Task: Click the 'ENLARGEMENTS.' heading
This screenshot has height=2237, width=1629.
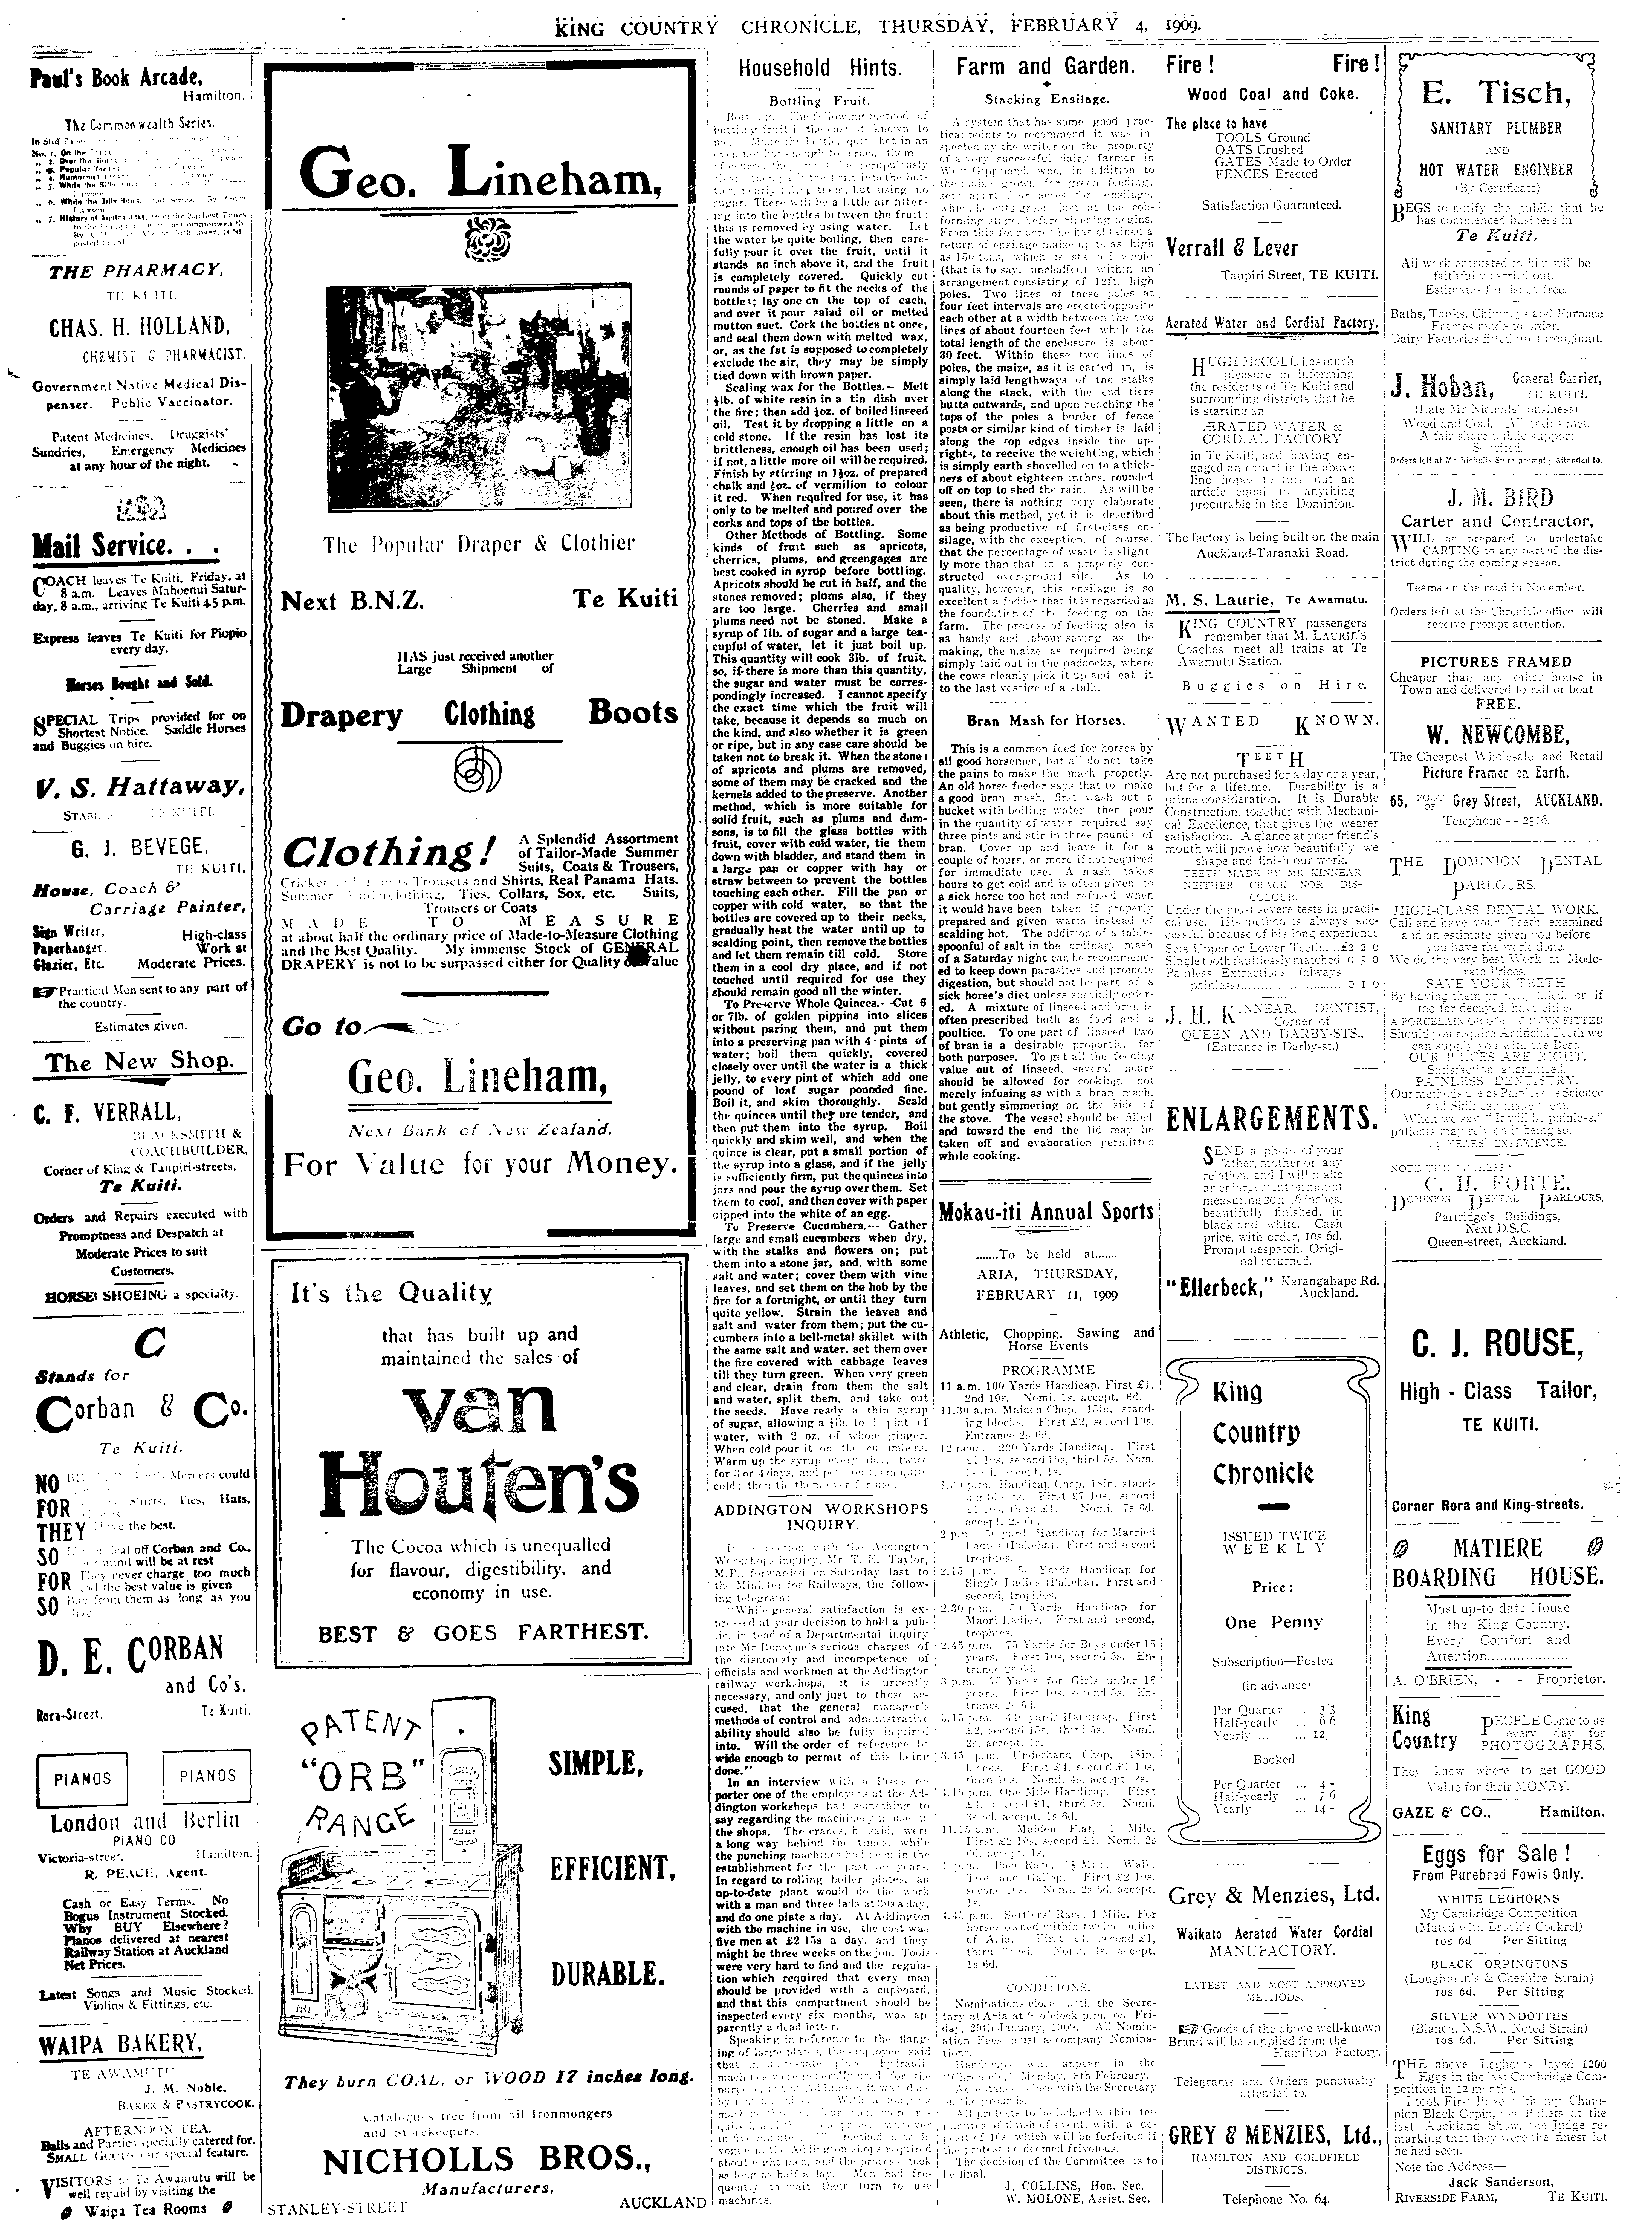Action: coord(1272,1118)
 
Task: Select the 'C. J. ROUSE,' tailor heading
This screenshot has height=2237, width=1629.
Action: coord(1496,1343)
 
